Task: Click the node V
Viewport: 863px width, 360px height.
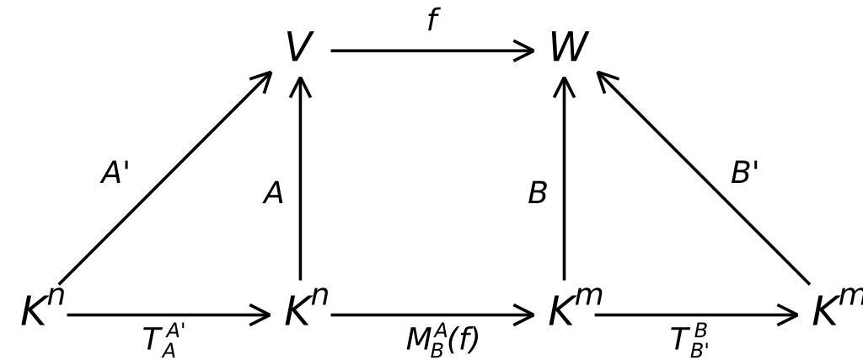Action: (299, 48)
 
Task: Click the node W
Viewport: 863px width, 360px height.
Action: (567, 48)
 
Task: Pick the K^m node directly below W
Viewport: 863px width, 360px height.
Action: (574, 309)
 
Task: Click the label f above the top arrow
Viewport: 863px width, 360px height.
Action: (432, 20)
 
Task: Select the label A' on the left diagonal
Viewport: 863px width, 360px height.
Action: (115, 174)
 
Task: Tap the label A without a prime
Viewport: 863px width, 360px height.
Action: (273, 194)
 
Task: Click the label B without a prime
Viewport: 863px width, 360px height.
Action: (537, 194)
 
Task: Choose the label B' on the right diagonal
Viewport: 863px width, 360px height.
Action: (744, 174)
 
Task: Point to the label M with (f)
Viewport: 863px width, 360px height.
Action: (442, 340)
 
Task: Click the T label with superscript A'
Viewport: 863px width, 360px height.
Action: (163, 339)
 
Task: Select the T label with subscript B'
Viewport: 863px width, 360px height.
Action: (689, 340)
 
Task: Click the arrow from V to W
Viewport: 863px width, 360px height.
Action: (431, 51)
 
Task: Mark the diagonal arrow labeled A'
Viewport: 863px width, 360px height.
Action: (164, 178)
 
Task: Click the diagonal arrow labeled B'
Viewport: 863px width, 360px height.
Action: (704, 178)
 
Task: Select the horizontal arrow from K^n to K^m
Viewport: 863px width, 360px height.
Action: (431, 316)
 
